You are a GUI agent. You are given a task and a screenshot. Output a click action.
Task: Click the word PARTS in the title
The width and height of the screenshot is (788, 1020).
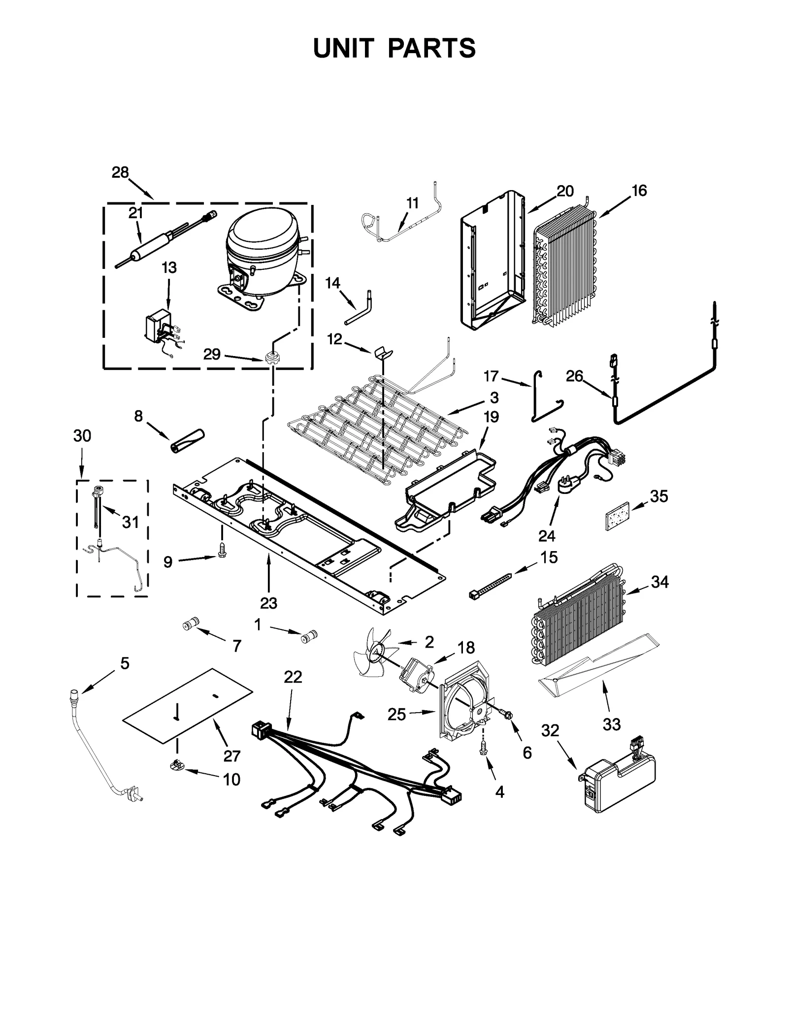[x=431, y=49]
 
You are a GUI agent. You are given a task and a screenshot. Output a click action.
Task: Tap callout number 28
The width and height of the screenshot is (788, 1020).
[x=120, y=172]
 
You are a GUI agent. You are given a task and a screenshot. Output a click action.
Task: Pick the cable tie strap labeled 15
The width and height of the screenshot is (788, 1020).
[x=491, y=583]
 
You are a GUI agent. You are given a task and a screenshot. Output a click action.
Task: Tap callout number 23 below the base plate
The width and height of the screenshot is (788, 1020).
[x=268, y=602]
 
